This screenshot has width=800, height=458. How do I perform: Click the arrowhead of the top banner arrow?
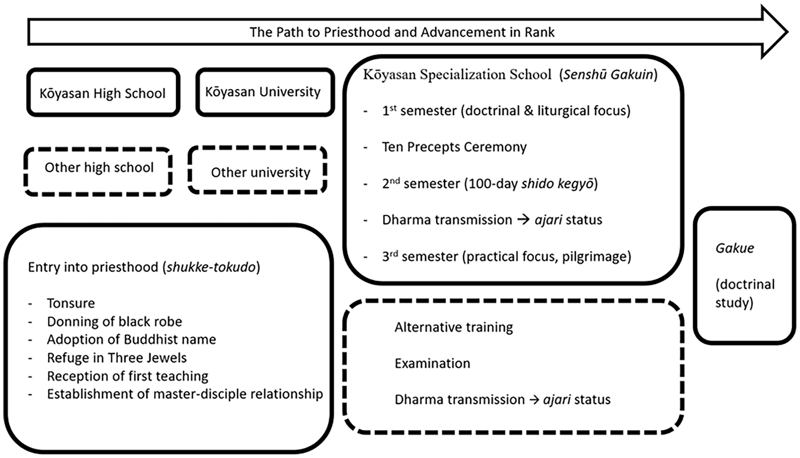tap(775, 32)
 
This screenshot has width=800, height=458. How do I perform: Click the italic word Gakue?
tap(735, 248)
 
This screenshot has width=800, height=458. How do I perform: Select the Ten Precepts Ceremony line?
tap(455, 147)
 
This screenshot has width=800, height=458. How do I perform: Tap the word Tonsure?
tap(71, 303)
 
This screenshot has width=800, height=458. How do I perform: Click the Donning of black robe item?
tap(114, 322)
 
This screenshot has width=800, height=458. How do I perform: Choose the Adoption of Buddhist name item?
tap(132, 339)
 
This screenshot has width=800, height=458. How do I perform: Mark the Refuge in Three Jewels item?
tap(117, 358)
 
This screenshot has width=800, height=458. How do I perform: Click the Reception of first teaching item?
tap(127, 376)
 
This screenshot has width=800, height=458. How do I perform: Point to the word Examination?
tap(433, 363)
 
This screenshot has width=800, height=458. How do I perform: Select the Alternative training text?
tap(453, 327)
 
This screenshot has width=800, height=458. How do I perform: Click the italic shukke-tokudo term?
tap(212, 267)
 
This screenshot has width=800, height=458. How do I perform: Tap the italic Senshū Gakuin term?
tap(608, 75)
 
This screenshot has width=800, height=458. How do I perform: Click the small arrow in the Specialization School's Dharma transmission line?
tap(523, 220)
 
